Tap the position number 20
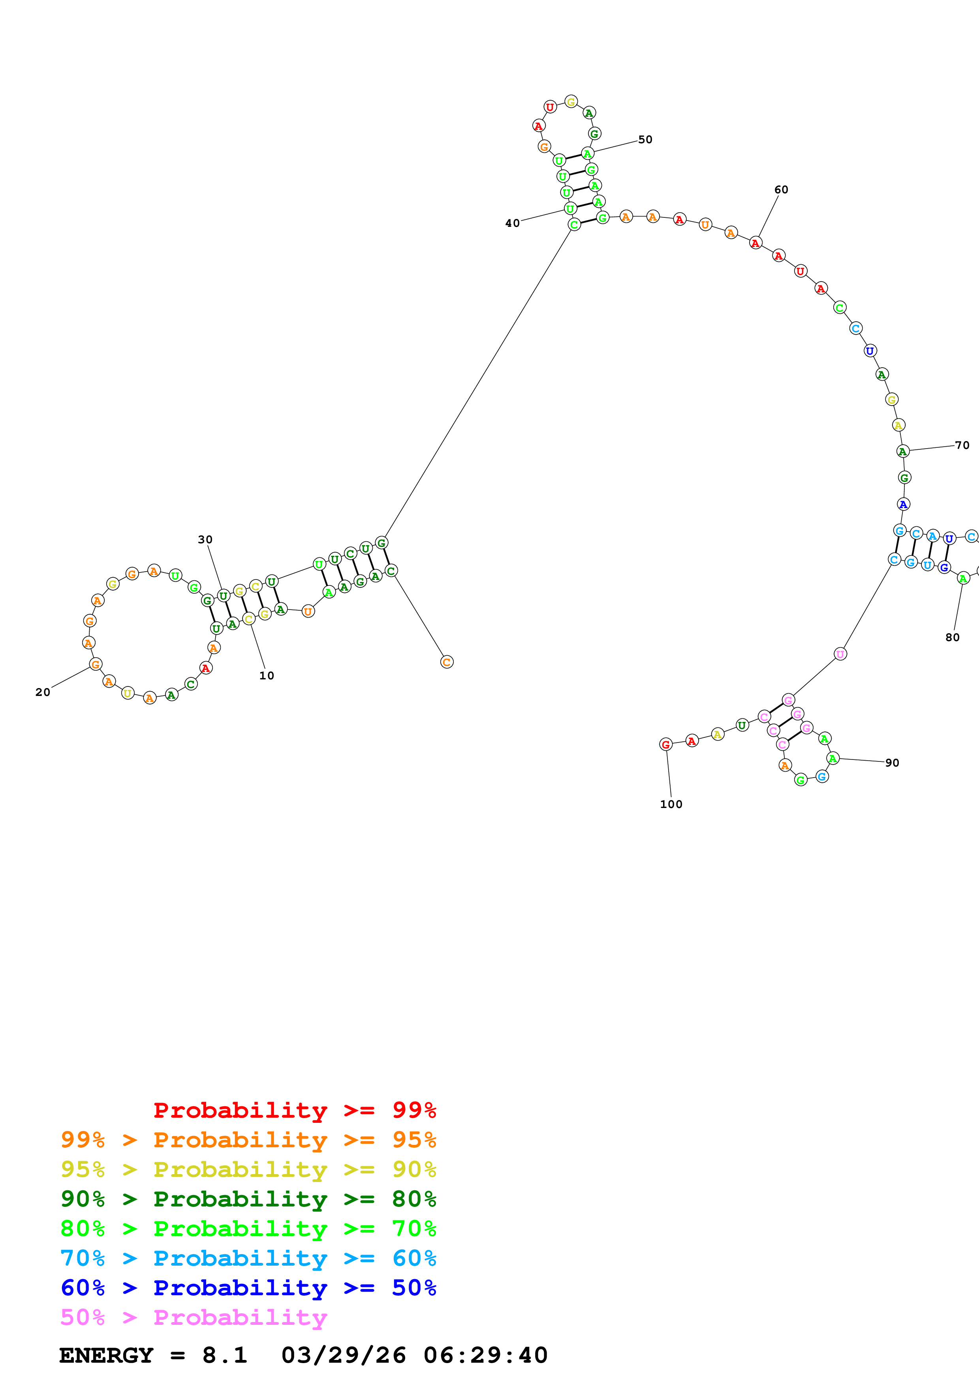(x=43, y=692)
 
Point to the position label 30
(x=205, y=539)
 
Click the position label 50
(x=645, y=140)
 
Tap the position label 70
(x=962, y=445)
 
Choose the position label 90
(x=892, y=763)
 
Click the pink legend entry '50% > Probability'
(x=194, y=1317)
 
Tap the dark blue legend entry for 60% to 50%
(x=248, y=1288)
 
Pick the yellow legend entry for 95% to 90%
(x=248, y=1169)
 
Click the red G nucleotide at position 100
(x=665, y=744)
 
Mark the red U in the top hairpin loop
(x=549, y=107)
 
